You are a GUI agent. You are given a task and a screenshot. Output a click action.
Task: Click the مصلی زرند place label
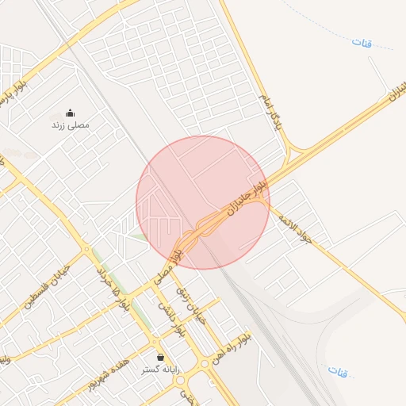click(x=71, y=125)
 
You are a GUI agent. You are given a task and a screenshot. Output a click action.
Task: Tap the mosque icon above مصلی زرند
click(x=71, y=113)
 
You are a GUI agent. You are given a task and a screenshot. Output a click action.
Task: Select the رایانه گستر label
click(x=161, y=370)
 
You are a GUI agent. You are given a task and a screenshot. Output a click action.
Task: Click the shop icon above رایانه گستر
click(x=161, y=357)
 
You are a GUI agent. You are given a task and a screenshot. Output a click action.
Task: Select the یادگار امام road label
click(x=270, y=111)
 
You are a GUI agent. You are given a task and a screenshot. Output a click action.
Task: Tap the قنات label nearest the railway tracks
click(x=338, y=371)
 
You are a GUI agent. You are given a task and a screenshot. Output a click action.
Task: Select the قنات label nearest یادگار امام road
click(x=362, y=41)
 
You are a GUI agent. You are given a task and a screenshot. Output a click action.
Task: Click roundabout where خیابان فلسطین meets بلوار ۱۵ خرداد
click(x=87, y=249)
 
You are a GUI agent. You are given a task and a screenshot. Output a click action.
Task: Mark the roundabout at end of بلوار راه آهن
click(x=205, y=363)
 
